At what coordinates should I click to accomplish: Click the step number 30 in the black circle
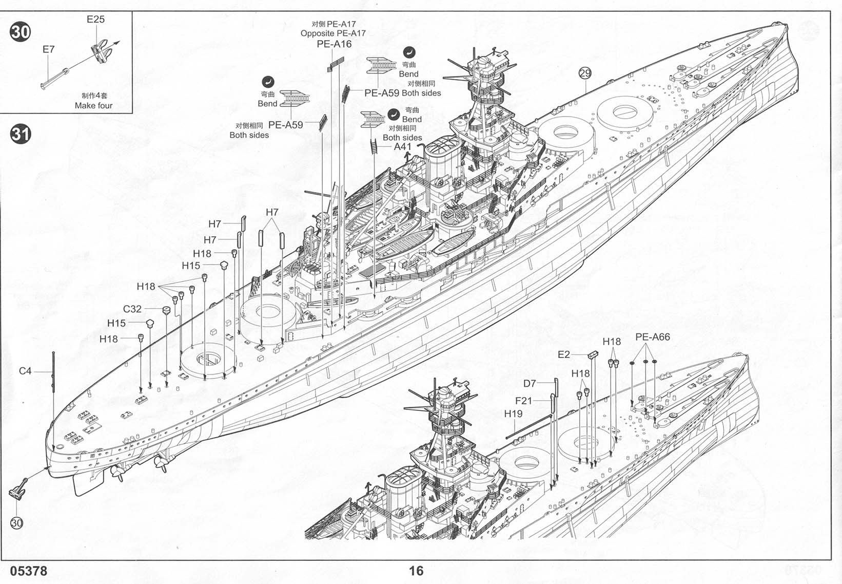(21, 32)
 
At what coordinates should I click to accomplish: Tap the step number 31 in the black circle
(21, 135)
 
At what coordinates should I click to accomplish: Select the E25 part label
(95, 20)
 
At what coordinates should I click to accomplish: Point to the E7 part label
(48, 49)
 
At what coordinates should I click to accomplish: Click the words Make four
(93, 106)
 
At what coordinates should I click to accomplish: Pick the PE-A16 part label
(334, 44)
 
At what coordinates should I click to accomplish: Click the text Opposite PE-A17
(333, 33)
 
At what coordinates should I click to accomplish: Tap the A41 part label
(403, 146)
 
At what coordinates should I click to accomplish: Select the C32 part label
(132, 309)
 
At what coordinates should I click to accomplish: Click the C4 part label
(25, 371)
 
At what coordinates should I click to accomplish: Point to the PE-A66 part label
(652, 337)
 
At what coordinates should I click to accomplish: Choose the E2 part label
(563, 354)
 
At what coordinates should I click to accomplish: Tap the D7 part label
(530, 384)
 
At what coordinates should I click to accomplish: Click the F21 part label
(524, 401)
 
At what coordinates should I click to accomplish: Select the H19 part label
(513, 414)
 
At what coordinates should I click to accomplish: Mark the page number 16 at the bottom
(416, 571)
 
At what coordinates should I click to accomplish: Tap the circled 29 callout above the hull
(585, 73)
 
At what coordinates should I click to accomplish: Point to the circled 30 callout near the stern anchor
(17, 523)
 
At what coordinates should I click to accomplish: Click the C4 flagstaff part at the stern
(53, 372)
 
